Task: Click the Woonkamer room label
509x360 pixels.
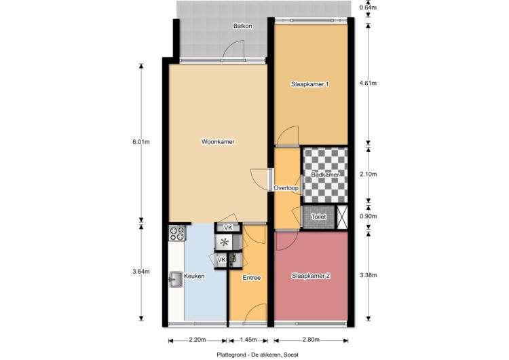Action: tap(218, 142)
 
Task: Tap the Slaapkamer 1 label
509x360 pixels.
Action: tap(310, 84)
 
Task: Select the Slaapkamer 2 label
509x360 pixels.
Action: tap(311, 276)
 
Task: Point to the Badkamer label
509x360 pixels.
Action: tap(325, 175)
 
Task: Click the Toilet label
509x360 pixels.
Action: tap(318, 217)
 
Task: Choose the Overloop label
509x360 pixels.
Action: tap(286, 187)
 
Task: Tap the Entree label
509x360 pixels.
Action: tap(252, 278)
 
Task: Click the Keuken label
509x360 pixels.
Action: tap(194, 276)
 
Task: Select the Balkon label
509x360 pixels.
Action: tap(242, 26)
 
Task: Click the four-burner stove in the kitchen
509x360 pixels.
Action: tap(177, 234)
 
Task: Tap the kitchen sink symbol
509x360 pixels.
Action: tap(176, 280)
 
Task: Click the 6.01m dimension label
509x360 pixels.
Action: tap(141, 142)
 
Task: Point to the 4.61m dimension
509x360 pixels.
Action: tap(369, 83)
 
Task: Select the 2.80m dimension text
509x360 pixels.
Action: tap(311, 340)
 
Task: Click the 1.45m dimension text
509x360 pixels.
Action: tap(248, 340)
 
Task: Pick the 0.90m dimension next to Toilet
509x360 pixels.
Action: tap(369, 216)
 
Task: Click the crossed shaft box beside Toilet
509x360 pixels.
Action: tap(343, 217)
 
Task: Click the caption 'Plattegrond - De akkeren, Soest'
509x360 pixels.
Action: tap(257, 355)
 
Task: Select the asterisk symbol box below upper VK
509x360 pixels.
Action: tap(224, 242)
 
